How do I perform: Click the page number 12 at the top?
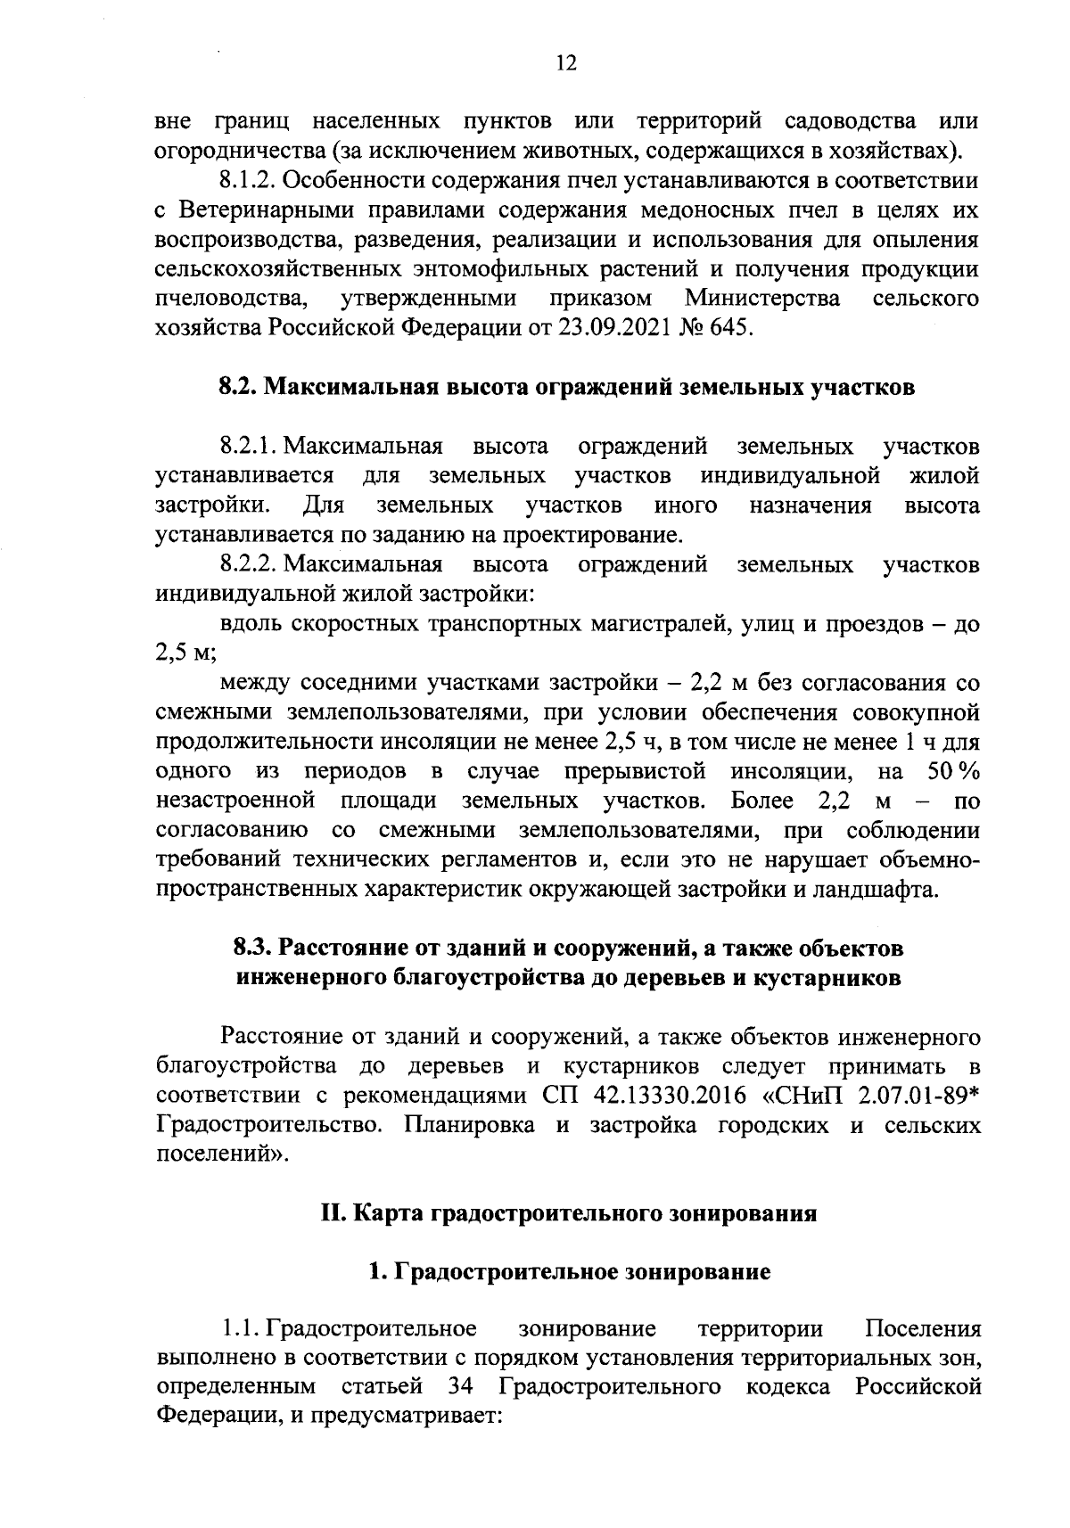tap(566, 62)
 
